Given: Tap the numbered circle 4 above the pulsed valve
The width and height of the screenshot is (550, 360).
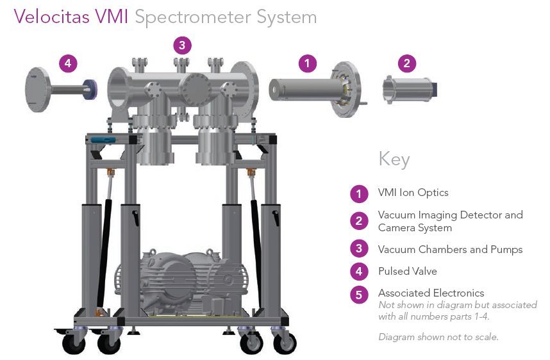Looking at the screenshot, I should click(69, 63).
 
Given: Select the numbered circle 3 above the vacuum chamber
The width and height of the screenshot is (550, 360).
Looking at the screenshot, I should click(182, 45).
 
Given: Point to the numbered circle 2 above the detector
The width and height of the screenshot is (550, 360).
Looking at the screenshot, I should click(407, 63).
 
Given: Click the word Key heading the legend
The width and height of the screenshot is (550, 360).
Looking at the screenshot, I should click(394, 159).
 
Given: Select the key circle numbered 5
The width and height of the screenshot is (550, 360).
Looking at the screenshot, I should click(359, 294).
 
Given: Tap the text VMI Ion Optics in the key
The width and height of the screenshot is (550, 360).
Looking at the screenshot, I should click(413, 192).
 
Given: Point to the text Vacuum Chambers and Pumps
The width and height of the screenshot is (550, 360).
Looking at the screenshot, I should click(450, 249).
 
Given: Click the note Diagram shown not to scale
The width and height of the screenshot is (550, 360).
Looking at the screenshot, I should click(438, 337).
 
